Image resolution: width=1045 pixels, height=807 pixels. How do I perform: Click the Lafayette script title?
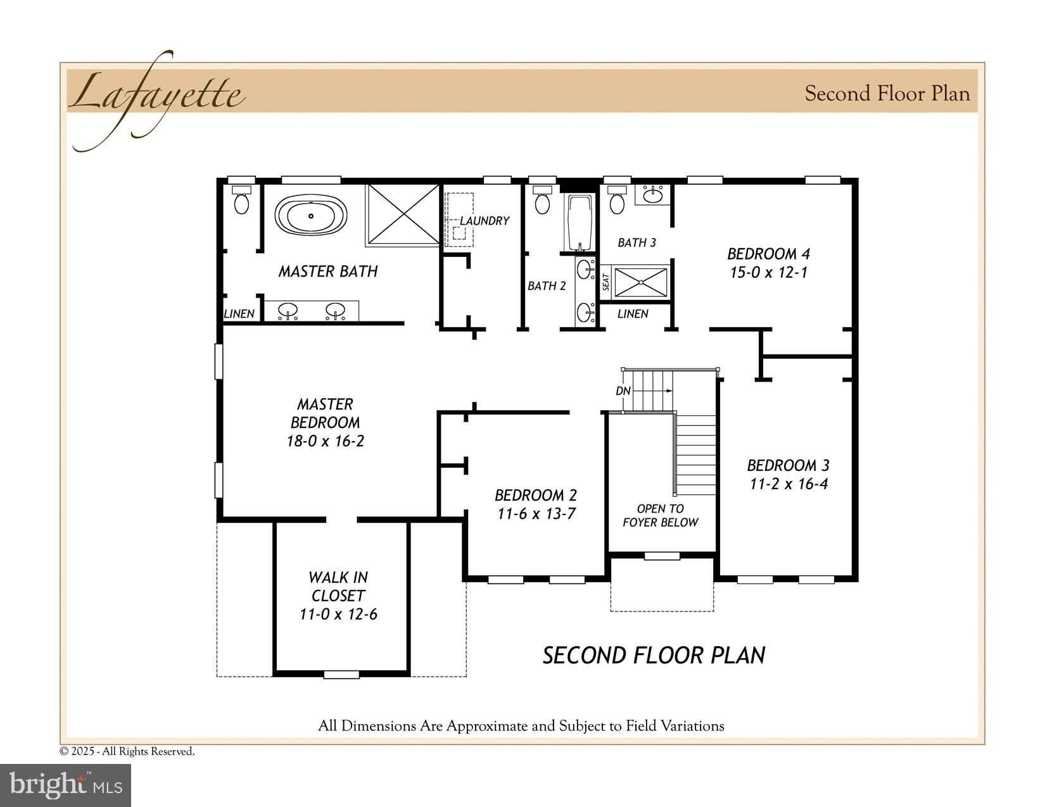[x=156, y=95]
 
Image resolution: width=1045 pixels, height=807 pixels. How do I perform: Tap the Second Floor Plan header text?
[x=887, y=94]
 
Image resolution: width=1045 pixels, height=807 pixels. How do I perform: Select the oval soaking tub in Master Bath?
[x=311, y=216]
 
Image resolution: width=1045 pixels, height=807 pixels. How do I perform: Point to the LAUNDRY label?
[x=484, y=220]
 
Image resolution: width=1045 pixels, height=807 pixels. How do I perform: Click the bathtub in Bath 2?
[x=579, y=222]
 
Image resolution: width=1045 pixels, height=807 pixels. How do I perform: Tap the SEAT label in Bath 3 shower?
[x=606, y=282]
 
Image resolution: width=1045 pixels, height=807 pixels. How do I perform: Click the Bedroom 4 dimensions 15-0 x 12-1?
[x=768, y=273]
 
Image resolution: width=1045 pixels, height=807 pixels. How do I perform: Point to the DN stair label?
[x=623, y=391]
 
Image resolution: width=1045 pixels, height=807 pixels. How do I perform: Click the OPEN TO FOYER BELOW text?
[x=660, y=515]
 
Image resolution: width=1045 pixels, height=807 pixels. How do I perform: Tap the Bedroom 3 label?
[x=788, y=465]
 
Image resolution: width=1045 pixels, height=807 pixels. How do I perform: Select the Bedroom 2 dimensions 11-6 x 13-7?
[x=536, y=513]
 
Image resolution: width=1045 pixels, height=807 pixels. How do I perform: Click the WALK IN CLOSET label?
[x=338, y=586]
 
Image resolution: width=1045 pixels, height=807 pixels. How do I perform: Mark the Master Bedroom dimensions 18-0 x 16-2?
[x=325, y=441]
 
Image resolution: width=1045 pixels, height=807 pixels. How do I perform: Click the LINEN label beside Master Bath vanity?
[x=239, y=313]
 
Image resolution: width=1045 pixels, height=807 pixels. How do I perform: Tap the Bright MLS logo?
[x=66, y=785]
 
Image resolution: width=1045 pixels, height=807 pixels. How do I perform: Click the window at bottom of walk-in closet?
[x=341, y=675]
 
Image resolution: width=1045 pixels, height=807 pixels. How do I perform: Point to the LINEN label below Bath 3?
[x=633, y=313]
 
